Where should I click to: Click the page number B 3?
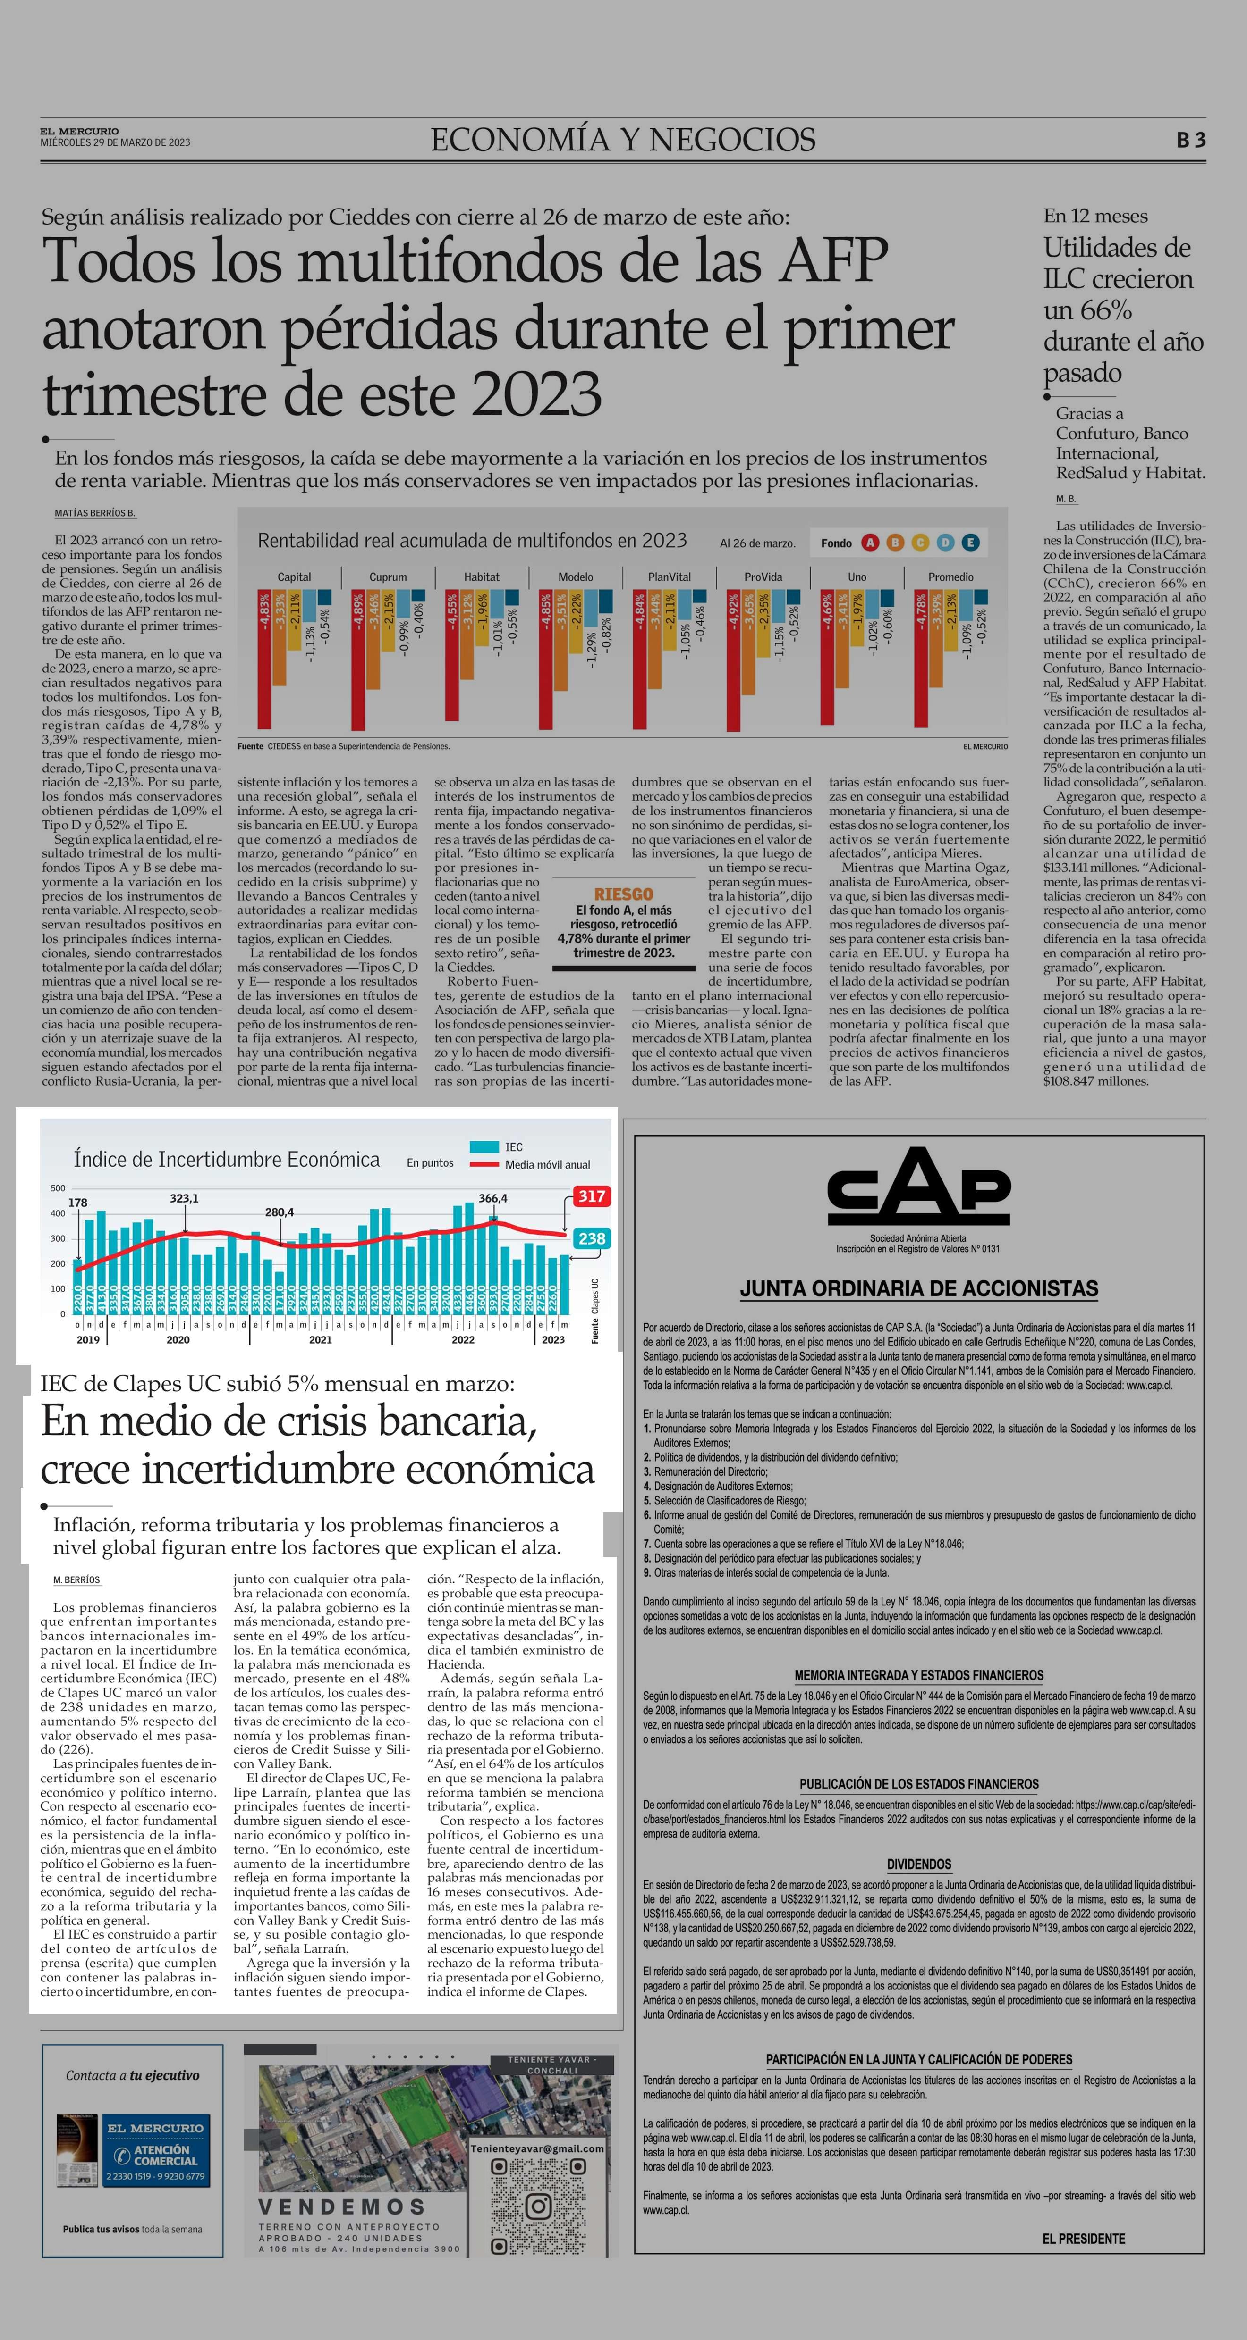tap(1191, 140)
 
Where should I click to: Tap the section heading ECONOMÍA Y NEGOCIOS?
tap(623, 140)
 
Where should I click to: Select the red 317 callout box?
tap(592, 1196)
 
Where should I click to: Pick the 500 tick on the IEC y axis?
tap(58, 1188)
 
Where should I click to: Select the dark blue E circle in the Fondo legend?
tap(971, 543)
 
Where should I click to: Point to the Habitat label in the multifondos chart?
tap(482, 577)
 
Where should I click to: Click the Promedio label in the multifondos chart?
tap(950, 577)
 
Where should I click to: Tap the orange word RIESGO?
tap(623, 894)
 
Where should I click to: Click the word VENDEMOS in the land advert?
tap(342, 2206)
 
